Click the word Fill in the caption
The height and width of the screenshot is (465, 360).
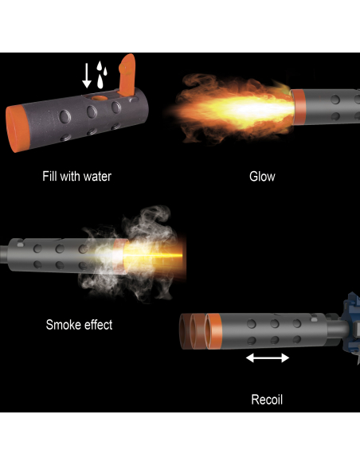(x=49, y=176)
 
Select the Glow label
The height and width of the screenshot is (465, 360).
(x=262, y=177)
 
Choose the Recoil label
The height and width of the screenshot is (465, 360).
(x=267, y=400)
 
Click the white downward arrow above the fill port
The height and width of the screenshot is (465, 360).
(x=87, y=76)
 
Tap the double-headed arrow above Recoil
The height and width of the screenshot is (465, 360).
(x=268, y=358)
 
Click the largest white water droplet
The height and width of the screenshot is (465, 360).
(x=100, y=81)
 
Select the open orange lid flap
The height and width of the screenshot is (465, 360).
(x=127, y=75)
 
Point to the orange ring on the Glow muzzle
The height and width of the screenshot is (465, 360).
(x=299, y=107)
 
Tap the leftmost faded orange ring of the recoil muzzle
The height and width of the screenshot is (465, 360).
(x=186, y=331)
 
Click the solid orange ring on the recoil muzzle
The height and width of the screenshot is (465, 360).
(x=213, y=331)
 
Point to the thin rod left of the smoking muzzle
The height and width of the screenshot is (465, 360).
(x=4, y=254)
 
